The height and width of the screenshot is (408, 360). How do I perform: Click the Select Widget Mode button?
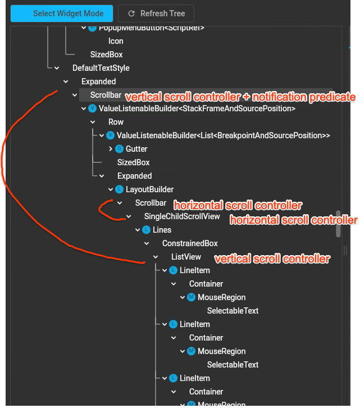pos(61,13)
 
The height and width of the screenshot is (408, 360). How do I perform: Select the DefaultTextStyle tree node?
pos(101,68)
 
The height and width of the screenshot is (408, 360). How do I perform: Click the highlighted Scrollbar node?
pos(105,95)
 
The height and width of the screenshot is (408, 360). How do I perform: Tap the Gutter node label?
pos(136,149)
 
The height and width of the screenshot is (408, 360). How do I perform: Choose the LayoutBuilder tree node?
pos(149,189)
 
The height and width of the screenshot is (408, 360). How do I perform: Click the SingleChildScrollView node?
pos(182,216)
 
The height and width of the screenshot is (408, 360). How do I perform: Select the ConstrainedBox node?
pos(190,243)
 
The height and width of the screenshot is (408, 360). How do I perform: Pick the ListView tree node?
pos(186,257)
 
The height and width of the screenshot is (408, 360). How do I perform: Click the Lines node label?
pos(162,230)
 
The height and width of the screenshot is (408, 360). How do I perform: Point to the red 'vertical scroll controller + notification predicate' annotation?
pos(240,97)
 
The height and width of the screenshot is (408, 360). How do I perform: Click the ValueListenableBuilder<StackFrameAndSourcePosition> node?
pos(197,108)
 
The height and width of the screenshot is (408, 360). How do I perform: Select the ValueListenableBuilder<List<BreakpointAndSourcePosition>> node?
pos(223,135)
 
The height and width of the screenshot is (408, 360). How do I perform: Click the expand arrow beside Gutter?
pos(111,149)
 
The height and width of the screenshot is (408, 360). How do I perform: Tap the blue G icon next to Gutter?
pos(119,149)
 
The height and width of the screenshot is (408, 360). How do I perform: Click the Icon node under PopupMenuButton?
pos(116,41)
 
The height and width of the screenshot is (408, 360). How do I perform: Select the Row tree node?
pos(116,122)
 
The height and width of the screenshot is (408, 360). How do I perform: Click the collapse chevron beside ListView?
pos(156,257)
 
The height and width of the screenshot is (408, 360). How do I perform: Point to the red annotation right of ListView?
pos(272,259)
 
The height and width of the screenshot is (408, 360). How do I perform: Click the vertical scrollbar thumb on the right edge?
pos(338,224)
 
